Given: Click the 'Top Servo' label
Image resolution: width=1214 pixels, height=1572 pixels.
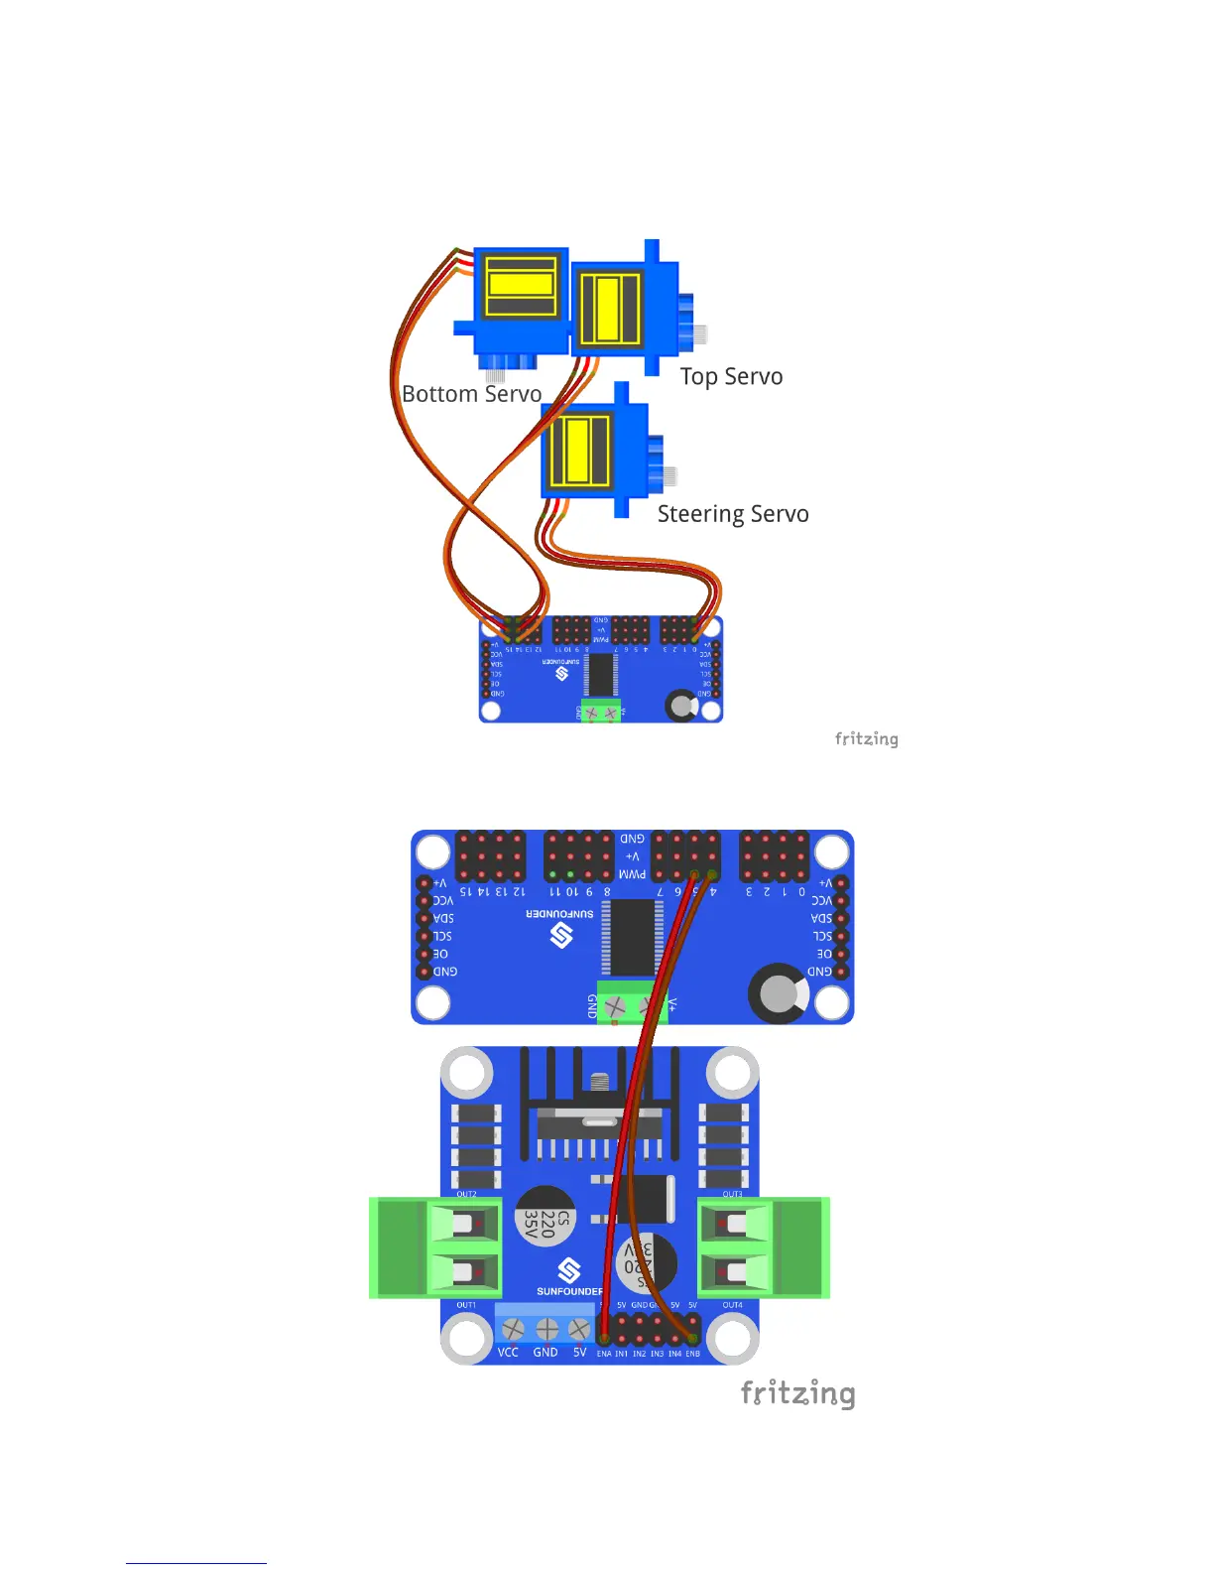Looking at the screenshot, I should coord(731,377).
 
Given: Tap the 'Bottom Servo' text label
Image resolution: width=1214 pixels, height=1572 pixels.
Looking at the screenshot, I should coord(471,394).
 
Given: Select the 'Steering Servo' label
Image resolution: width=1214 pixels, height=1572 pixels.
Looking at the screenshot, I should coord(733,514).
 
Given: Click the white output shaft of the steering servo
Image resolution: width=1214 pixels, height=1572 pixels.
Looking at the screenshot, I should coord(669,476).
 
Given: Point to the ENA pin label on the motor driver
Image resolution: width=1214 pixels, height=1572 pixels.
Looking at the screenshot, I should coord(604,1354).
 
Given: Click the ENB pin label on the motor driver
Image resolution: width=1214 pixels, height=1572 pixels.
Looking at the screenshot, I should coord(692,1354).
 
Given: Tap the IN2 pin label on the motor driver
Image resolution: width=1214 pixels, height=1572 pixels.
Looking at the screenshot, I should coord(639,1354).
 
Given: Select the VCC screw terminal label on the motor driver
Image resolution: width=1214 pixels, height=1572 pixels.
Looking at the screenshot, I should coord(508,1353).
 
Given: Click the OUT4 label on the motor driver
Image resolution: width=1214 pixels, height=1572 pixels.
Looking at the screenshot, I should coord(732,1305).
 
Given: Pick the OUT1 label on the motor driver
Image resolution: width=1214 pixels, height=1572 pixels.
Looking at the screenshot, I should coord(466,1305).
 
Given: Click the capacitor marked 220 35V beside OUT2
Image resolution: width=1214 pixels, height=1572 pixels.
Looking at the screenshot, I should coord(546,1216).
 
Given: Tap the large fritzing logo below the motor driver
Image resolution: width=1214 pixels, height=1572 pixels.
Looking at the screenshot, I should coord(797,1393).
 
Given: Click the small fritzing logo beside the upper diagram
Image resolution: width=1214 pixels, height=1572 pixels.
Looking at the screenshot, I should coord(866,738).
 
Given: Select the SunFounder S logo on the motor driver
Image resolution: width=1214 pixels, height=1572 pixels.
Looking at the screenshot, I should coord(568,1270).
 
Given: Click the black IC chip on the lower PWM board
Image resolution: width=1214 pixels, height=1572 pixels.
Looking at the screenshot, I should coord(632,938).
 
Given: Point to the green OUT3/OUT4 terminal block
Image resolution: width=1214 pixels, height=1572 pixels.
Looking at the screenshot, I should coord(764,1247).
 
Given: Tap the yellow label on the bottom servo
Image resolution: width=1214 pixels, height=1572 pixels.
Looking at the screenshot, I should coord(521,284).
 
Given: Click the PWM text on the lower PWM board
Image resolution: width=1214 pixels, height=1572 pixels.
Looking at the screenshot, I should coord(632,874).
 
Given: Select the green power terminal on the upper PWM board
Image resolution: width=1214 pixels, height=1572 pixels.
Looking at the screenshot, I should coord(599,712).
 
